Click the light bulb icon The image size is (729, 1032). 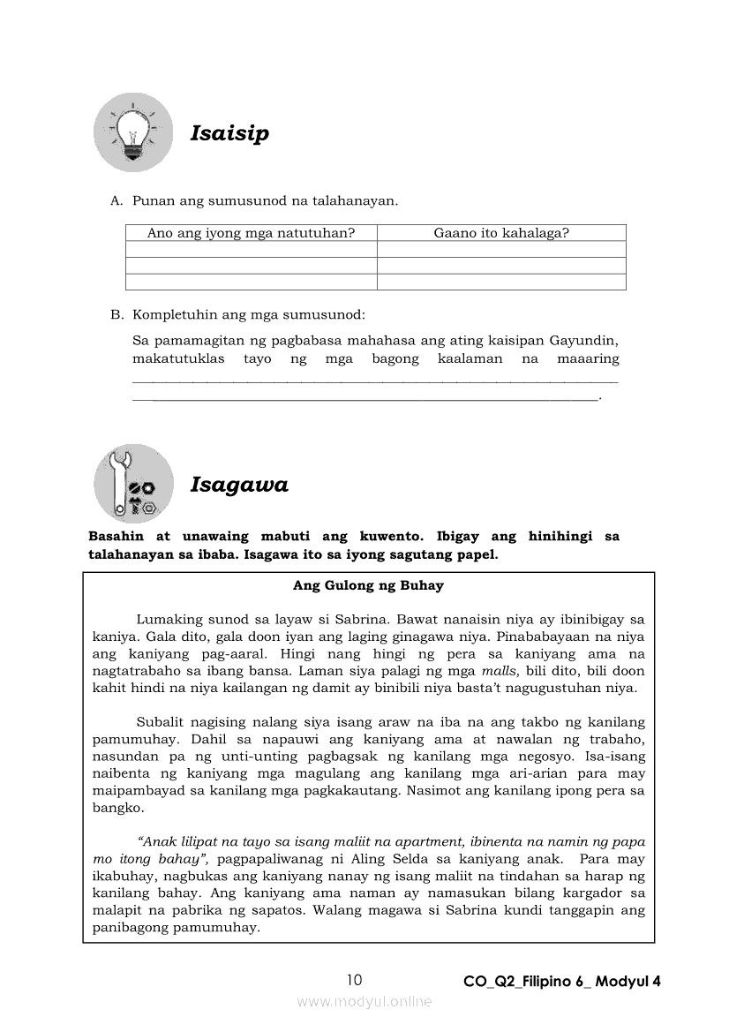(134, 132)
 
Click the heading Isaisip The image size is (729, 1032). (229, 133)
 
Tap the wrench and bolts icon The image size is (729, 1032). (134, 484)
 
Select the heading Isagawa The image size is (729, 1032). (239, 485)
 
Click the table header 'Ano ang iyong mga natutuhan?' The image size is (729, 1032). (251, 233)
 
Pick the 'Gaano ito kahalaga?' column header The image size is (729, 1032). (500, 233)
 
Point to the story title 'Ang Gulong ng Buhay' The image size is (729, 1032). (368, 585)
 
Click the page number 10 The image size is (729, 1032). (354, 979)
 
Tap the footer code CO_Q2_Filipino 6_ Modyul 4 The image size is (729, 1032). (561, 981)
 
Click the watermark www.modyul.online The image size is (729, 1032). (364, 1001)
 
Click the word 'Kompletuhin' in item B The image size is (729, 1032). (174, 313)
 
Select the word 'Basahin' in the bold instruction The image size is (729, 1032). (117, 537)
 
